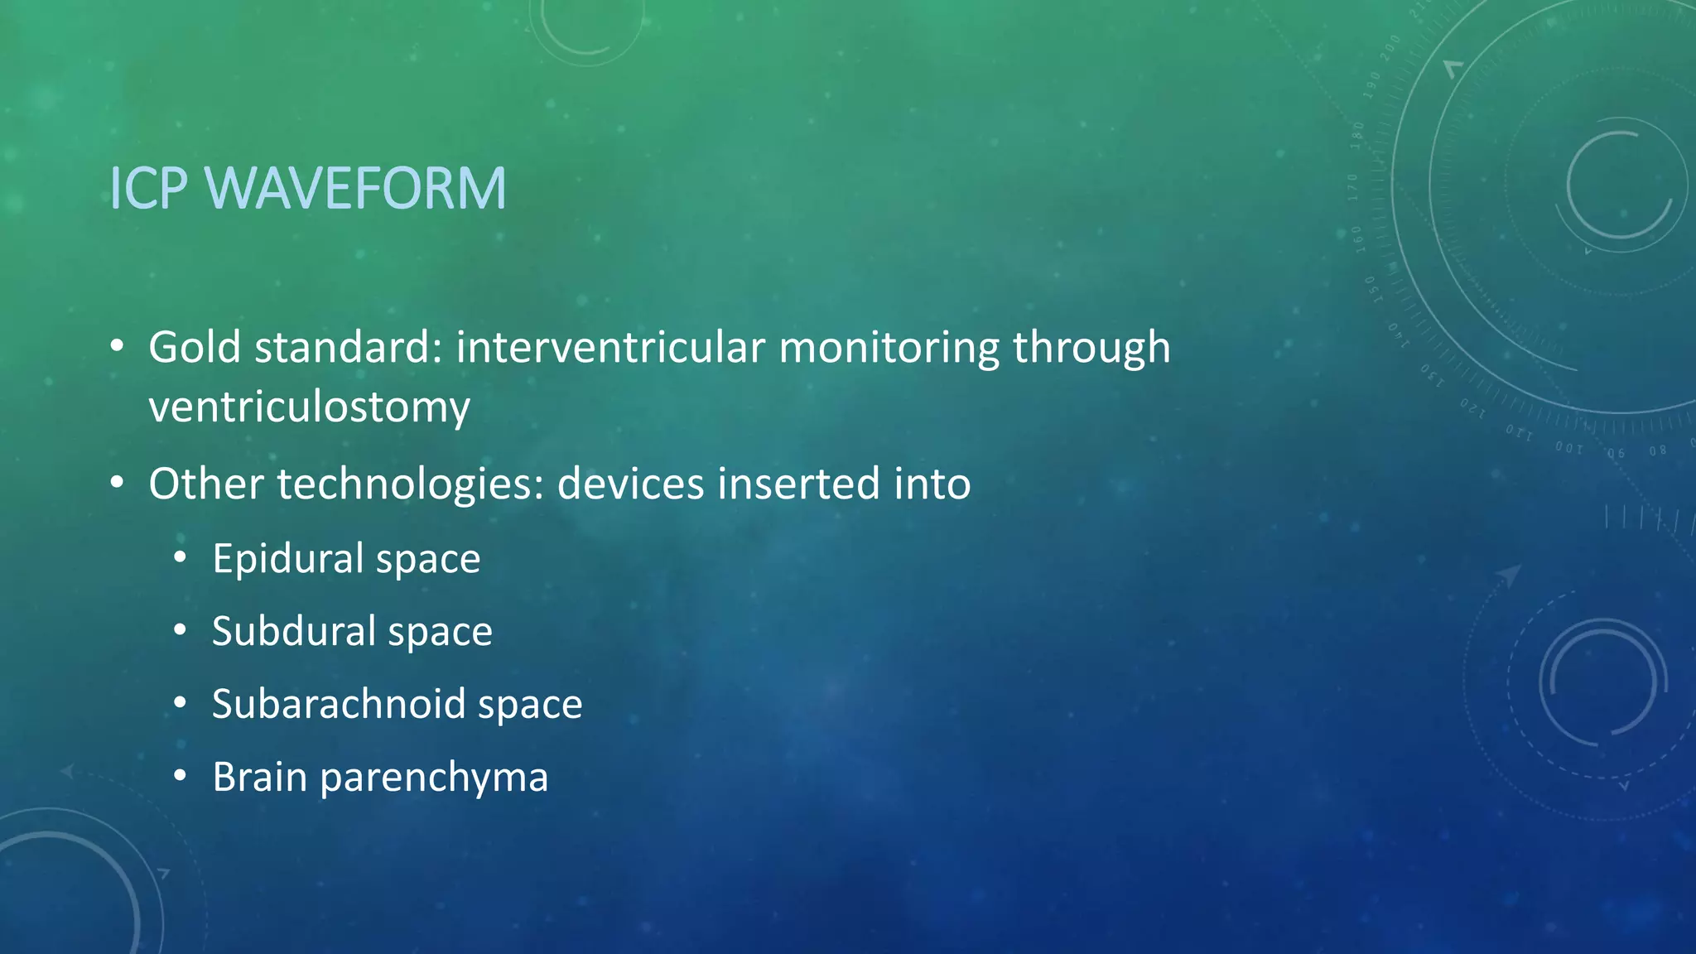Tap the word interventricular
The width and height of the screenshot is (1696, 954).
609,347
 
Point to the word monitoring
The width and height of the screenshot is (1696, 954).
889,349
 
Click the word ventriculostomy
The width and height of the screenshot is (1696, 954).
309,407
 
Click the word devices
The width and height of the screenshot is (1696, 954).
629,484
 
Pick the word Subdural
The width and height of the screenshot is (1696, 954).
293,631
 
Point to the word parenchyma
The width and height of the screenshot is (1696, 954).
434,778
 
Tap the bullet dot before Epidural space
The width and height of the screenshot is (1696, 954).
181,556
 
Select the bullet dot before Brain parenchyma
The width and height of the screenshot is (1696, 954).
181,775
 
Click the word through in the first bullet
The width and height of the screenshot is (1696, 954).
1091,349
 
